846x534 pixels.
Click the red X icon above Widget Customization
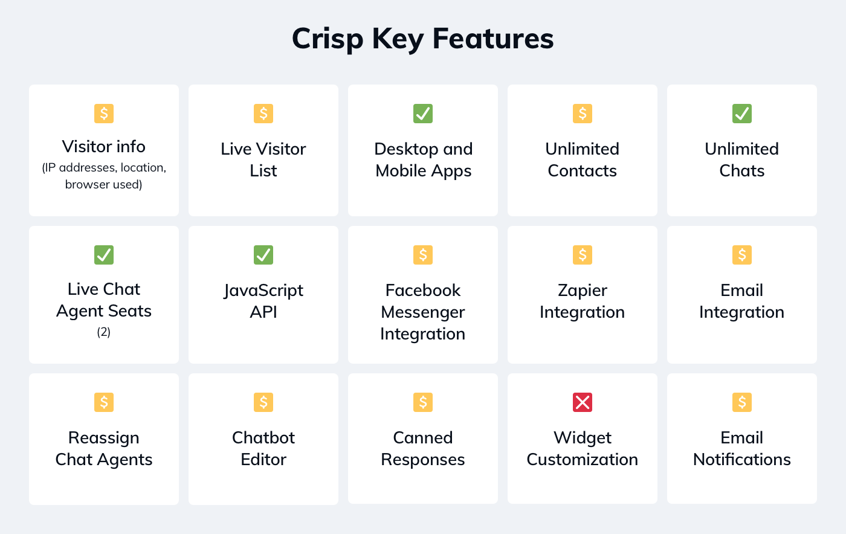click(583, 402)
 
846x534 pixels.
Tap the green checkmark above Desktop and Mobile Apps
click(423, 114)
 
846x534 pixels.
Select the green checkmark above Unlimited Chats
click(742, 114)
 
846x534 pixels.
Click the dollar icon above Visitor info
click(104, 114)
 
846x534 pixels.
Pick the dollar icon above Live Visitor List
click(263, 114)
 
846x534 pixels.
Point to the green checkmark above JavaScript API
click(263, 255)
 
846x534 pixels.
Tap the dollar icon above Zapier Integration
click(583, 255)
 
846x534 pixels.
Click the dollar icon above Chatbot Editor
click(263, 402)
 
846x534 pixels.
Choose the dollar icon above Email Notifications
click(742, 402)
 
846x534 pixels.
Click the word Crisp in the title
click(328, 39)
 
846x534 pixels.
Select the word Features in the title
click(493, 39)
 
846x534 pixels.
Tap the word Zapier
click(583, 291)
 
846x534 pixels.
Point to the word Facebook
click(423, 291)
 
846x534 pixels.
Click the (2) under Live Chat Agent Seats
click(104, 332)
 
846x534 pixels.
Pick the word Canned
click(423, 437)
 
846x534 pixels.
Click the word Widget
click(583, 437)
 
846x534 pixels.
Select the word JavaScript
click(263, 291)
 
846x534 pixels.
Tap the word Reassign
click(104, 437)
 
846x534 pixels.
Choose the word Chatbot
click(263, 437)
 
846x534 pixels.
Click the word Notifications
click(742, 460)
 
